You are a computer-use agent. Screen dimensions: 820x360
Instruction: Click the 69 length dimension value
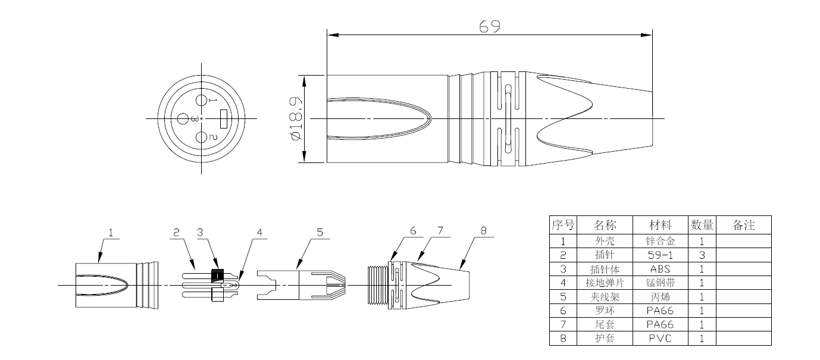pyautogui.click(x=489, y=26)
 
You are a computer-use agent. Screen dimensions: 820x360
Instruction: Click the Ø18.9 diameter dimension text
pyautogui.click(x=296, y=118)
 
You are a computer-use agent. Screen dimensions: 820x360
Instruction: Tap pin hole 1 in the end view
pyautogui.click(x=201, y=100)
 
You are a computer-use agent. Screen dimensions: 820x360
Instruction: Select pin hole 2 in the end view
pyautogui.click(x=201, y=137)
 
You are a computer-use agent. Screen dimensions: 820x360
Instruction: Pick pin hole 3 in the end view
pyautogui.click(x=183, y=118)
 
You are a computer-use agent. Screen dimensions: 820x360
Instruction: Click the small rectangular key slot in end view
pyautogui.click(x=224, y=118)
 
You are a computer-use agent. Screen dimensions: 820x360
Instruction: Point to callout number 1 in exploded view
pyautogui.click(x=111, y=233)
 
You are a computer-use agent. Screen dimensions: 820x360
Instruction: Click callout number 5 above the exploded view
pyautogui.click(x=320, y=233)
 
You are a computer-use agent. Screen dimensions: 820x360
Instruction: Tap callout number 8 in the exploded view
pyautogui.click(x=484, y=231)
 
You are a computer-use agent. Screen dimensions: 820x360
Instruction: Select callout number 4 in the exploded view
pyautogui.click(x=259, y=233)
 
